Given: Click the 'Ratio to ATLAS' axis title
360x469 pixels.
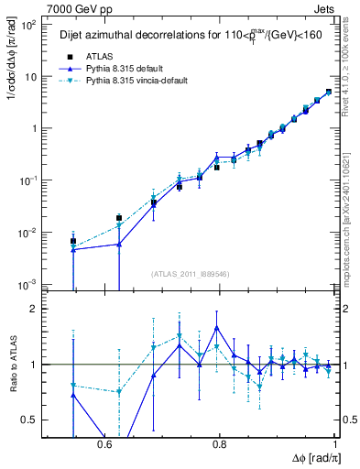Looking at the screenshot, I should (12, 365).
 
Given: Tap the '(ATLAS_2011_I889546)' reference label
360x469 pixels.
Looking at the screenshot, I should (191, 273).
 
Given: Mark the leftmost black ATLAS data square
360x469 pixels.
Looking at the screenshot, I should (73, 241).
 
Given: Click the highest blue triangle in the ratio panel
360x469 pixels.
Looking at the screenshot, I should (217, 327).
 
